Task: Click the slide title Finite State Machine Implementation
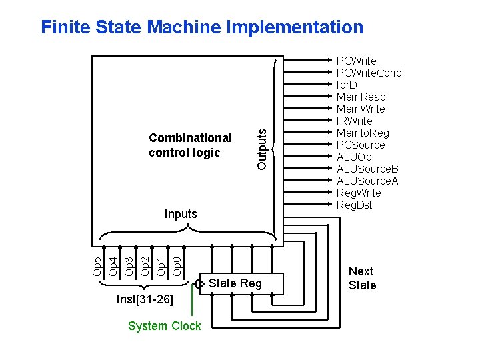202,27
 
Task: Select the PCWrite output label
356,61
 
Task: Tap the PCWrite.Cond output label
369,73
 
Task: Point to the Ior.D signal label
347,85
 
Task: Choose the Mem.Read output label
361,97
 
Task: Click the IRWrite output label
354,121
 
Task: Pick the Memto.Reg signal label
363,133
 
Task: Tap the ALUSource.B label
367,169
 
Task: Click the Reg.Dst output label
355,205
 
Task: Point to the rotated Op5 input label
97,266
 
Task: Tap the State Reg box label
235,284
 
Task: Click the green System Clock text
164,326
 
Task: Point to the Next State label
362,278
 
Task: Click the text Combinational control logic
190,145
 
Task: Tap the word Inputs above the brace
181,214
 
